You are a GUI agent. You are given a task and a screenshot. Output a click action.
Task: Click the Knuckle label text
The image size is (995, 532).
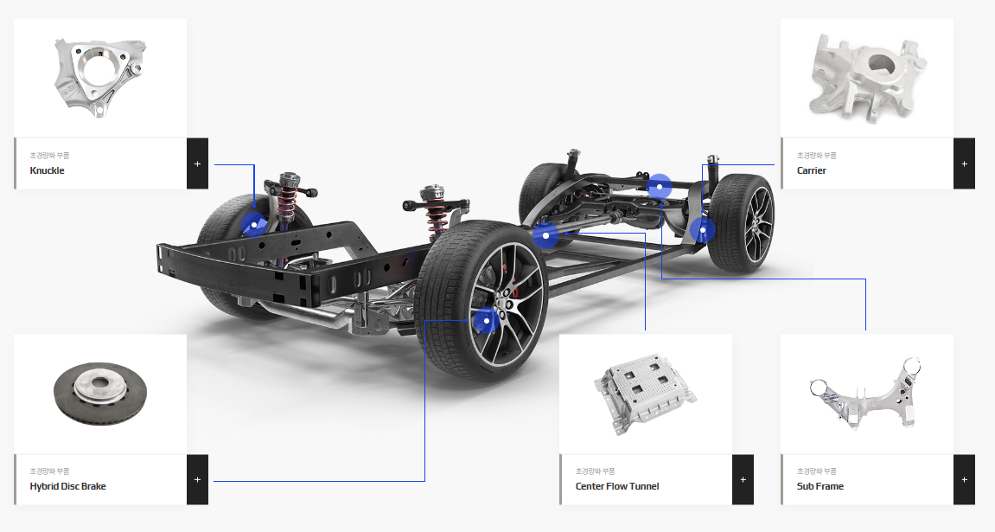tap(47, 170)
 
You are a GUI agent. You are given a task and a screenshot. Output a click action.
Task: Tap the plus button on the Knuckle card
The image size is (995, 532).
tap(197, 163)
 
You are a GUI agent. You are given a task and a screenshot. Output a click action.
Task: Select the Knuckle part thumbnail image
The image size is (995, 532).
tap(100, 78)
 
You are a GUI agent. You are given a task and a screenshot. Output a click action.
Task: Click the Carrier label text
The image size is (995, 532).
tap(812, 170)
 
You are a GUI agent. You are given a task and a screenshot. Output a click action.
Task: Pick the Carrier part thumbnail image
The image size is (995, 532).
tap(867, 78)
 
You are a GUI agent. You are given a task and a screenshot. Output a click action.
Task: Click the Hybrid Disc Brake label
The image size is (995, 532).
tap(68, 486)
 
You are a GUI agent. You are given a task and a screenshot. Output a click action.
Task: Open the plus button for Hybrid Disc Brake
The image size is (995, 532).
tap(197, 480)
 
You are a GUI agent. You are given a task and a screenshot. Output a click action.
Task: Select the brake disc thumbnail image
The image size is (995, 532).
tap(100, 394)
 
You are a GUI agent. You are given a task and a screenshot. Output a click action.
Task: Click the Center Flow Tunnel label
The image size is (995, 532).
tap(617, 486)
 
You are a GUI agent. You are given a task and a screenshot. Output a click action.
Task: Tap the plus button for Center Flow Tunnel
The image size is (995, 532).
tap(743, 480)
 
